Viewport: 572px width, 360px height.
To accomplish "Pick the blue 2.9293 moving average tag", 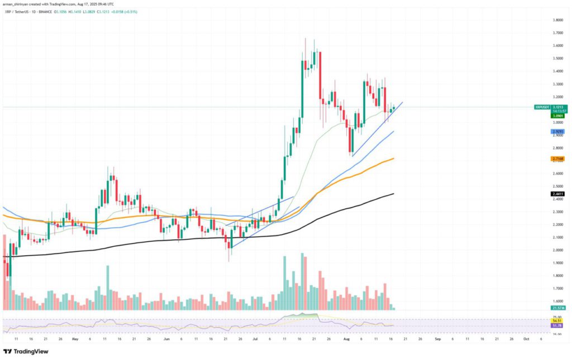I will (x=557, y=131).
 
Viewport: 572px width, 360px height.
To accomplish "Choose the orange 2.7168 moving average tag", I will (x=557, y=159).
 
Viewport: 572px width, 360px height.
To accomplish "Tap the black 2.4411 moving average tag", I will (x=557, y=194).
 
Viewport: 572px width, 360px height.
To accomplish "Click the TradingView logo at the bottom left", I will (x=26, y=352).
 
